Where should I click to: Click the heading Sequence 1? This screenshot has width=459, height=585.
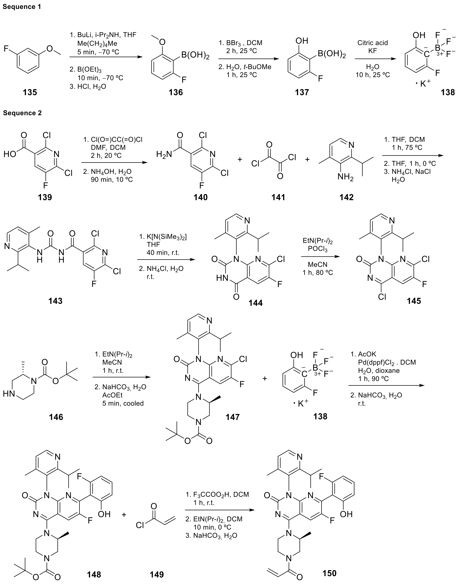[x=22, y=7]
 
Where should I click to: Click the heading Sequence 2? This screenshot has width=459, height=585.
[x=23, y=113]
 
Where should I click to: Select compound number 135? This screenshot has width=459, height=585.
[x=30, y=93]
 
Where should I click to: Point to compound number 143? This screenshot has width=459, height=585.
[x=55, y=301]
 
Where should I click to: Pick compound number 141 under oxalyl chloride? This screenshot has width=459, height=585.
[x=278, y=197]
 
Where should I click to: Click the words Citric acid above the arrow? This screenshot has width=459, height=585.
[x=372, y=43]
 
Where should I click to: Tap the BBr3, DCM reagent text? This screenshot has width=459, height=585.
[x=240, y=43]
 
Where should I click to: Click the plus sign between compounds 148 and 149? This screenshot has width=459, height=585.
[x=124, y=515]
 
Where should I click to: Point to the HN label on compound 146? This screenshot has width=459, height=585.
[x=9, y=394]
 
